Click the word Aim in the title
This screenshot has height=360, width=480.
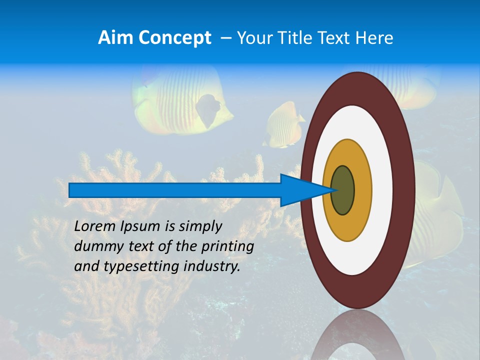115,38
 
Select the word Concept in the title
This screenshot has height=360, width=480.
174,38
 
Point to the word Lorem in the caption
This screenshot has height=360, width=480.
95,226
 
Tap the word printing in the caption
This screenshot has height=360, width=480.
227,246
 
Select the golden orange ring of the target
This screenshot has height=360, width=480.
362,190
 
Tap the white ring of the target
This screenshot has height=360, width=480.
382,190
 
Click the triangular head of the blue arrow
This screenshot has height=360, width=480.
300,190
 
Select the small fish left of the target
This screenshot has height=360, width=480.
283,125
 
